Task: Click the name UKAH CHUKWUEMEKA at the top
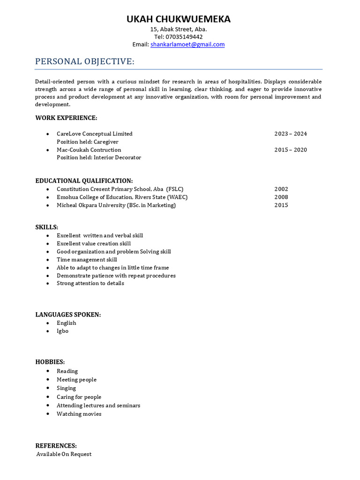178,19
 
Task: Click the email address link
187,45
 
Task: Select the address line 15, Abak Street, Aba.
178,29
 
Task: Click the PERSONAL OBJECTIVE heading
85,62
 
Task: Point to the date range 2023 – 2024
291,134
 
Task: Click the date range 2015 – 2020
291,150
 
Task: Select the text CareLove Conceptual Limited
94,134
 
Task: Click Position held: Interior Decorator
98,157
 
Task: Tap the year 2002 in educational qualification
281,189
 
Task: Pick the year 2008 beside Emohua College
281,197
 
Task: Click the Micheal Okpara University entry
116,205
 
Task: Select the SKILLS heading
47,227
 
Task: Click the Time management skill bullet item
87,260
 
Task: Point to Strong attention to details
90,283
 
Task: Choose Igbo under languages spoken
62,331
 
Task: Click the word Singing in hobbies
66,388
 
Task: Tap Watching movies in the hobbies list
79,414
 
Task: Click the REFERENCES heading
56,446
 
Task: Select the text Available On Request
64,454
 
